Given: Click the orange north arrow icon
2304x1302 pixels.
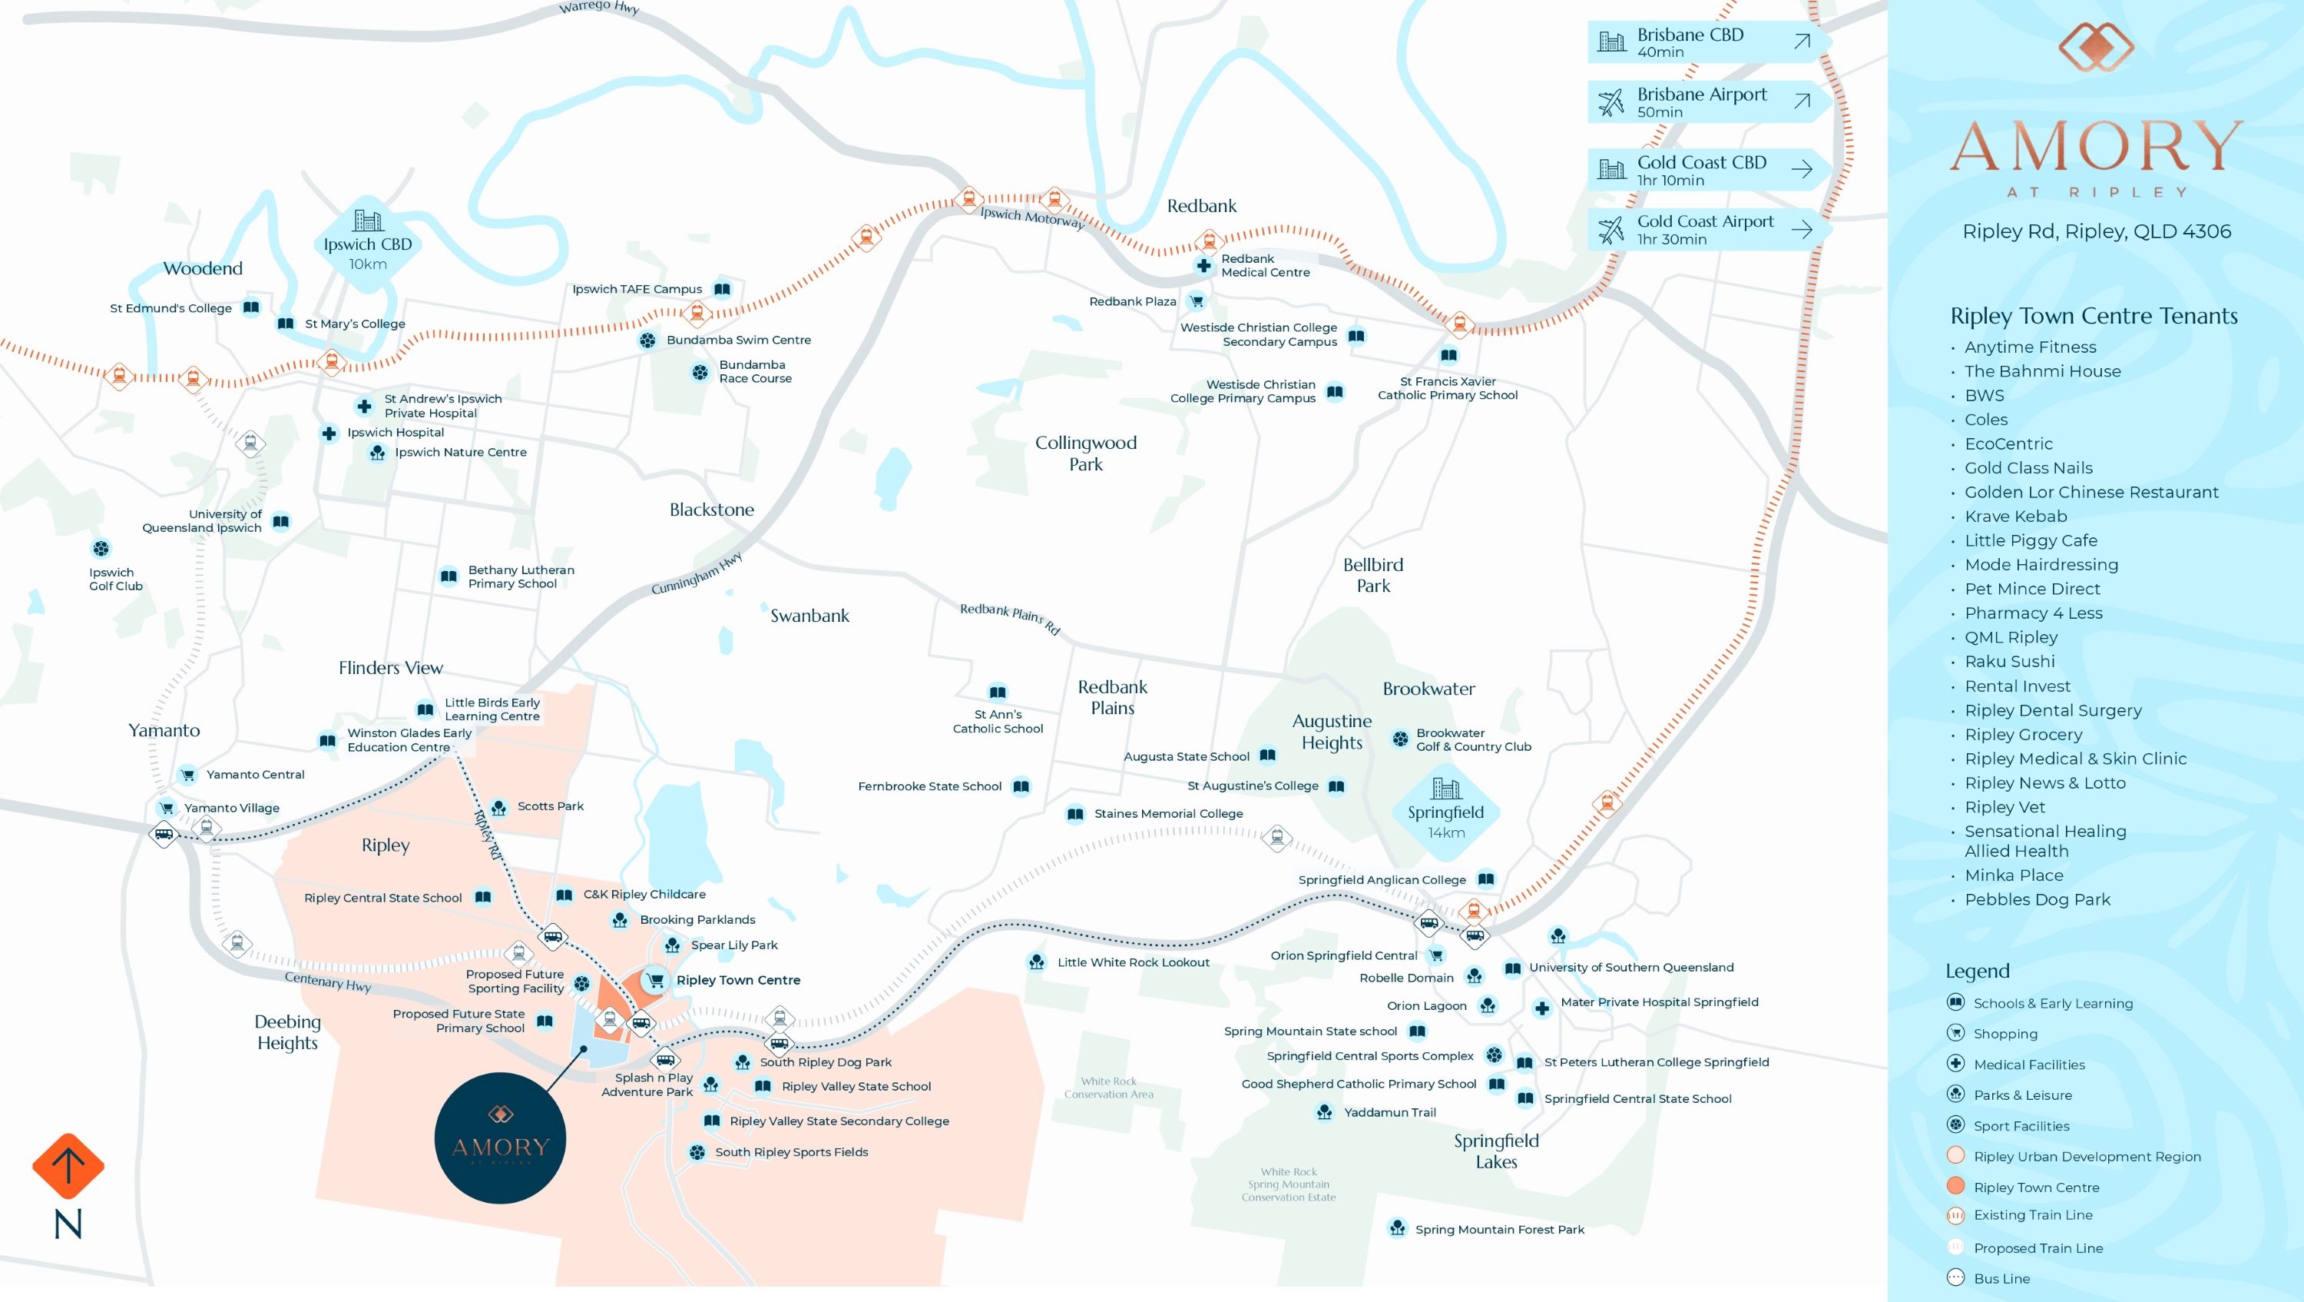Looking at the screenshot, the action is point(68,1166).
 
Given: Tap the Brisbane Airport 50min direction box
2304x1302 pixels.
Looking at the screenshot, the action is point(1707,102).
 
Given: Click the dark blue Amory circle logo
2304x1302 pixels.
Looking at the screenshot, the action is point(500,1138).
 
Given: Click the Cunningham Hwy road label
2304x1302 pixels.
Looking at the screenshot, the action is point(697,573).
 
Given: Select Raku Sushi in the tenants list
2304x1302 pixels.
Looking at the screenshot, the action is point(2010,661).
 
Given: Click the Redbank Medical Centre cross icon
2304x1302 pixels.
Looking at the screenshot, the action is point(1204,266).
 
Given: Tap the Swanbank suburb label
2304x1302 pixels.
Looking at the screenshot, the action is point(809,616).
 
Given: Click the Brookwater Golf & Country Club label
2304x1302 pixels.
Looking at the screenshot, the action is point(1473,740).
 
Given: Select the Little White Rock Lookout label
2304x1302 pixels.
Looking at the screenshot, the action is point(1134,963).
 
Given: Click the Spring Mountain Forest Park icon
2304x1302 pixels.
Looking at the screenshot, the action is point(1397,1227).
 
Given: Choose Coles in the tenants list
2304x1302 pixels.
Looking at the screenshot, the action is point(1985,420).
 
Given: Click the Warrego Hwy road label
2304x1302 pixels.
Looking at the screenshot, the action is point(599,7).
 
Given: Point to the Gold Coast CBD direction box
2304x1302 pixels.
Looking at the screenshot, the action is point(1707,170).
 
